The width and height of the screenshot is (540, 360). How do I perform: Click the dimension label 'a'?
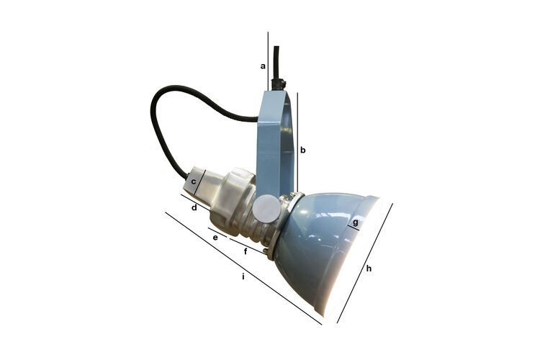click(x=263, y=66)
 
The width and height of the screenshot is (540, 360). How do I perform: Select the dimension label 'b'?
click(x=303, y=150)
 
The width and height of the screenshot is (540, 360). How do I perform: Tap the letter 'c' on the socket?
click(x=194, y=181)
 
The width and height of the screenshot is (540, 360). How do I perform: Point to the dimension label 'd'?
click(x=194, y=207)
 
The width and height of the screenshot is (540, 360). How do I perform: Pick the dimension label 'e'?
click(x=215, y=237)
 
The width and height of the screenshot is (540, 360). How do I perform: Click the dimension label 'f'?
click(x=246, y=251)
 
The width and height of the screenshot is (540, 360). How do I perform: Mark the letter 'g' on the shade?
click(x=354, y=224)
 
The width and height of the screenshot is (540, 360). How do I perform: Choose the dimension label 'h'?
click(x=369, y=269)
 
